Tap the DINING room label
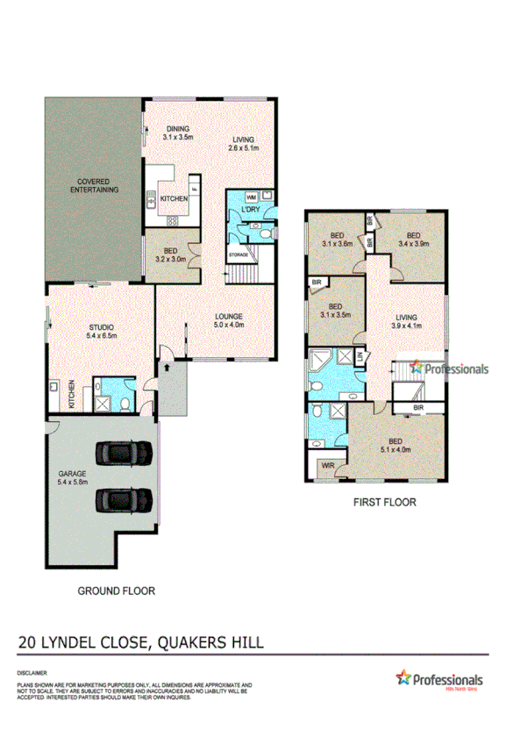[x=177, y=133]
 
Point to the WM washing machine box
[x=252, y=197]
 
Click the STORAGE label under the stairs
[x=239, y=254]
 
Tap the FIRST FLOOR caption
[x=385, y=503]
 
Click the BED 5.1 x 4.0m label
[x=396, y=446]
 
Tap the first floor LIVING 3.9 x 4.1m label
[x=406, y=322]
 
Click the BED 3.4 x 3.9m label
[x=413, y=239]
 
